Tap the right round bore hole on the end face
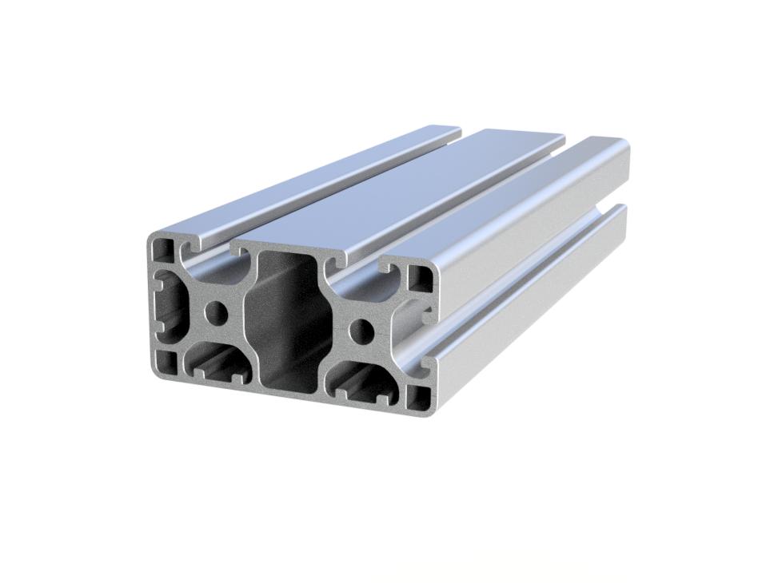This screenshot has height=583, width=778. [361, 328]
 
